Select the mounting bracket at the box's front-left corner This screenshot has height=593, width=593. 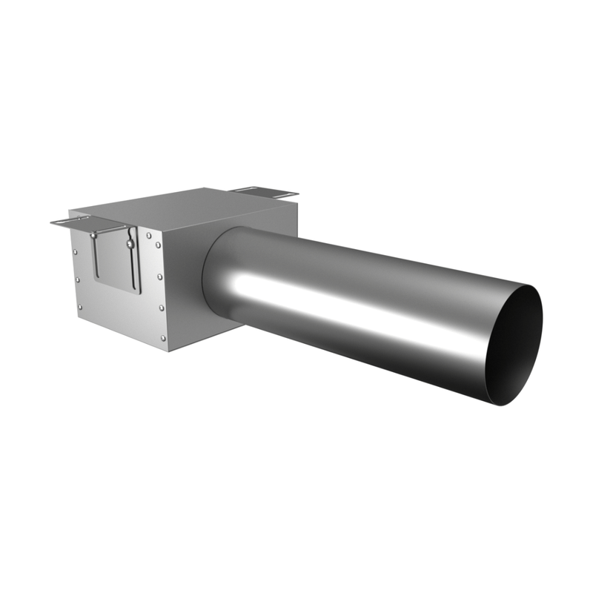coord(74,220)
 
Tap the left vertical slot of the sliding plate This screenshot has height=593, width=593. coord(95,256)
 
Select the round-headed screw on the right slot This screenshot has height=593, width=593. coord(130,242)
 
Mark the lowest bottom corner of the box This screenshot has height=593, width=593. coord(169,351)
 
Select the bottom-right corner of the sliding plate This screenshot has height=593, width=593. coord(139,293)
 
